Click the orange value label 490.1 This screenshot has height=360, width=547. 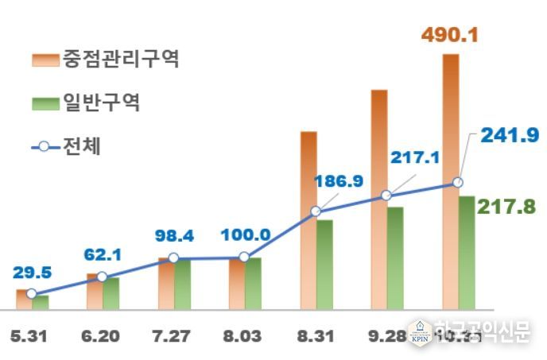click(450, 37)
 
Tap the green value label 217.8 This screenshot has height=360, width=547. click(505, 206)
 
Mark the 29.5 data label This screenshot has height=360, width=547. click(32, 273)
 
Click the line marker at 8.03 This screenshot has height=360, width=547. click(244, 257)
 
